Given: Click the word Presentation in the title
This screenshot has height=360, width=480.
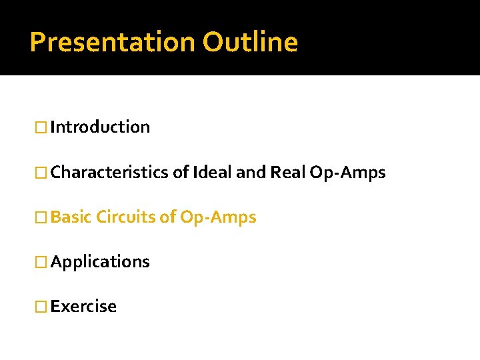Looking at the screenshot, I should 113,43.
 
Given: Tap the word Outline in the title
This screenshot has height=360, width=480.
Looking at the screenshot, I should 250,41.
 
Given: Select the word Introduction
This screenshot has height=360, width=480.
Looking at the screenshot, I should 100,127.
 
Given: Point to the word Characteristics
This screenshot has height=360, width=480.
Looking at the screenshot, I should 110,173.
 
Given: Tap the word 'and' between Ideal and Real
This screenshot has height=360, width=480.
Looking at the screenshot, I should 251,173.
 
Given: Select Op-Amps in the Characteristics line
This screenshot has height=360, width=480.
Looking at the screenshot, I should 347,173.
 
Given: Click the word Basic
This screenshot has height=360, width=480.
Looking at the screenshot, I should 71,217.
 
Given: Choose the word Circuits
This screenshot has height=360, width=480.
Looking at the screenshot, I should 126,217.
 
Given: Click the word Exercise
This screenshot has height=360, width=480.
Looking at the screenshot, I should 83,307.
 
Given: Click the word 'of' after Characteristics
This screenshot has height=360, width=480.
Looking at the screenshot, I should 181,173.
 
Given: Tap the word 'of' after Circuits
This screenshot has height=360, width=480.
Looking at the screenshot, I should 168,217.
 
